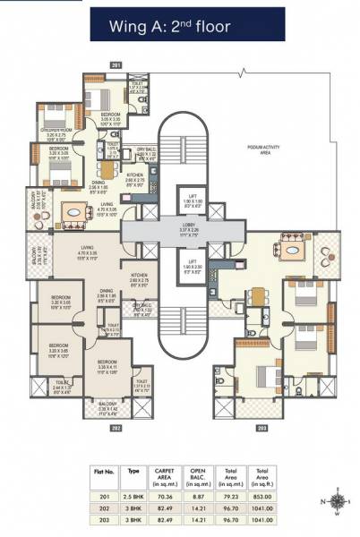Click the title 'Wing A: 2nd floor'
(179, 28)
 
